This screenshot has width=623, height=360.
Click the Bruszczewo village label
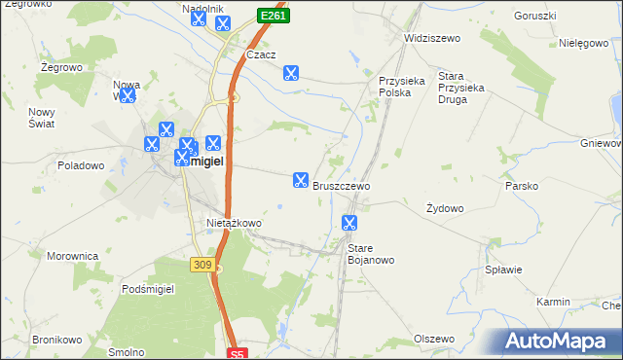coord(341,185)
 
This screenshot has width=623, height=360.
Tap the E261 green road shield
coord(272,16)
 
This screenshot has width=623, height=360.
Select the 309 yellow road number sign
coord(202,264)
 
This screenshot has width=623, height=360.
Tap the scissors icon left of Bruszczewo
coord(300,180)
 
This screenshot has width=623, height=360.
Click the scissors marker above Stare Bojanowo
coord(348,223)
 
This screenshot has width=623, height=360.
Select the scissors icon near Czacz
coord(290,72)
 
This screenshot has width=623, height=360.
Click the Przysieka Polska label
coord(402,88)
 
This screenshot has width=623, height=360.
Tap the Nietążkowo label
coord(234,223)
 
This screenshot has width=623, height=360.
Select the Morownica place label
coord(73,256)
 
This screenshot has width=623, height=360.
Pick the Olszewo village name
coord(434,339)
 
